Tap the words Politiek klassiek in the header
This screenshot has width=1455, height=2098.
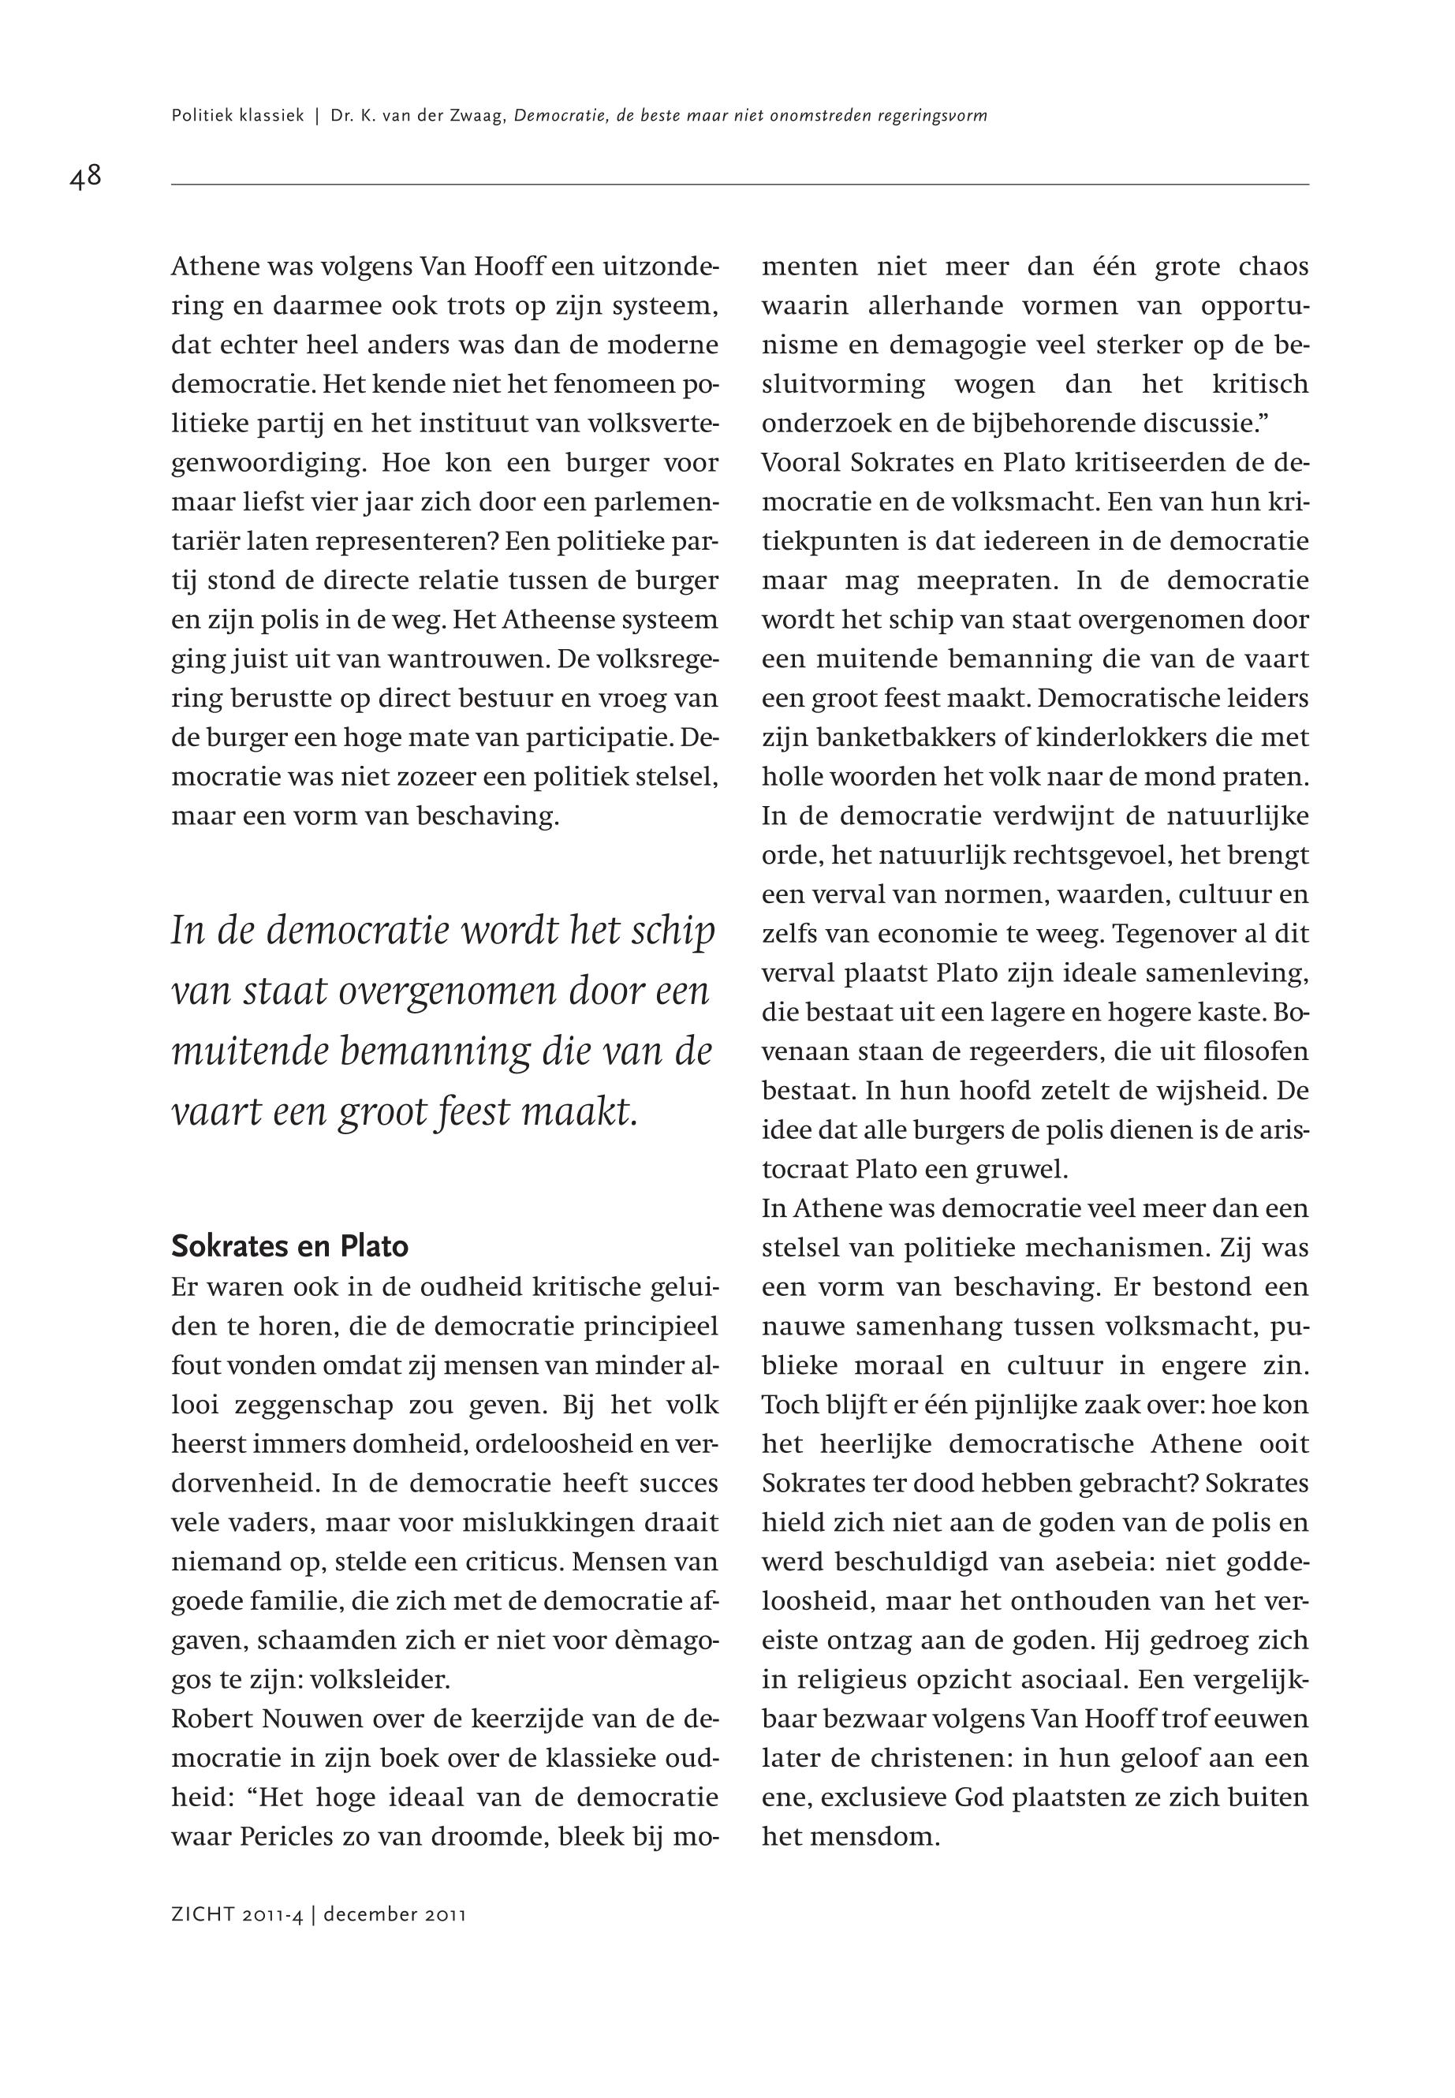[x=237, y=117]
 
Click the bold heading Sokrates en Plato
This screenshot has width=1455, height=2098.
[x=290, y=1245]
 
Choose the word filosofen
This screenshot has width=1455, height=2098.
[x=1256, y=1051]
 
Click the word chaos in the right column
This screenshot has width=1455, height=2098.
[x=1274, y=267]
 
